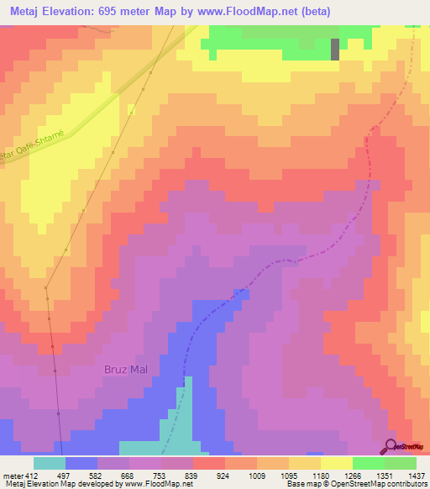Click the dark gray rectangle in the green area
pos(335,49)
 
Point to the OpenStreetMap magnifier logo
pos(391,447)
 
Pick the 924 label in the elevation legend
pos(224,475)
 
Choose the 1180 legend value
pos(319,475)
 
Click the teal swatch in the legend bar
pos(49,462)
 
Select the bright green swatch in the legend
pos(368,462)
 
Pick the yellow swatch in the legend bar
pos(336,462)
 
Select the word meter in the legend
pos(13,475)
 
